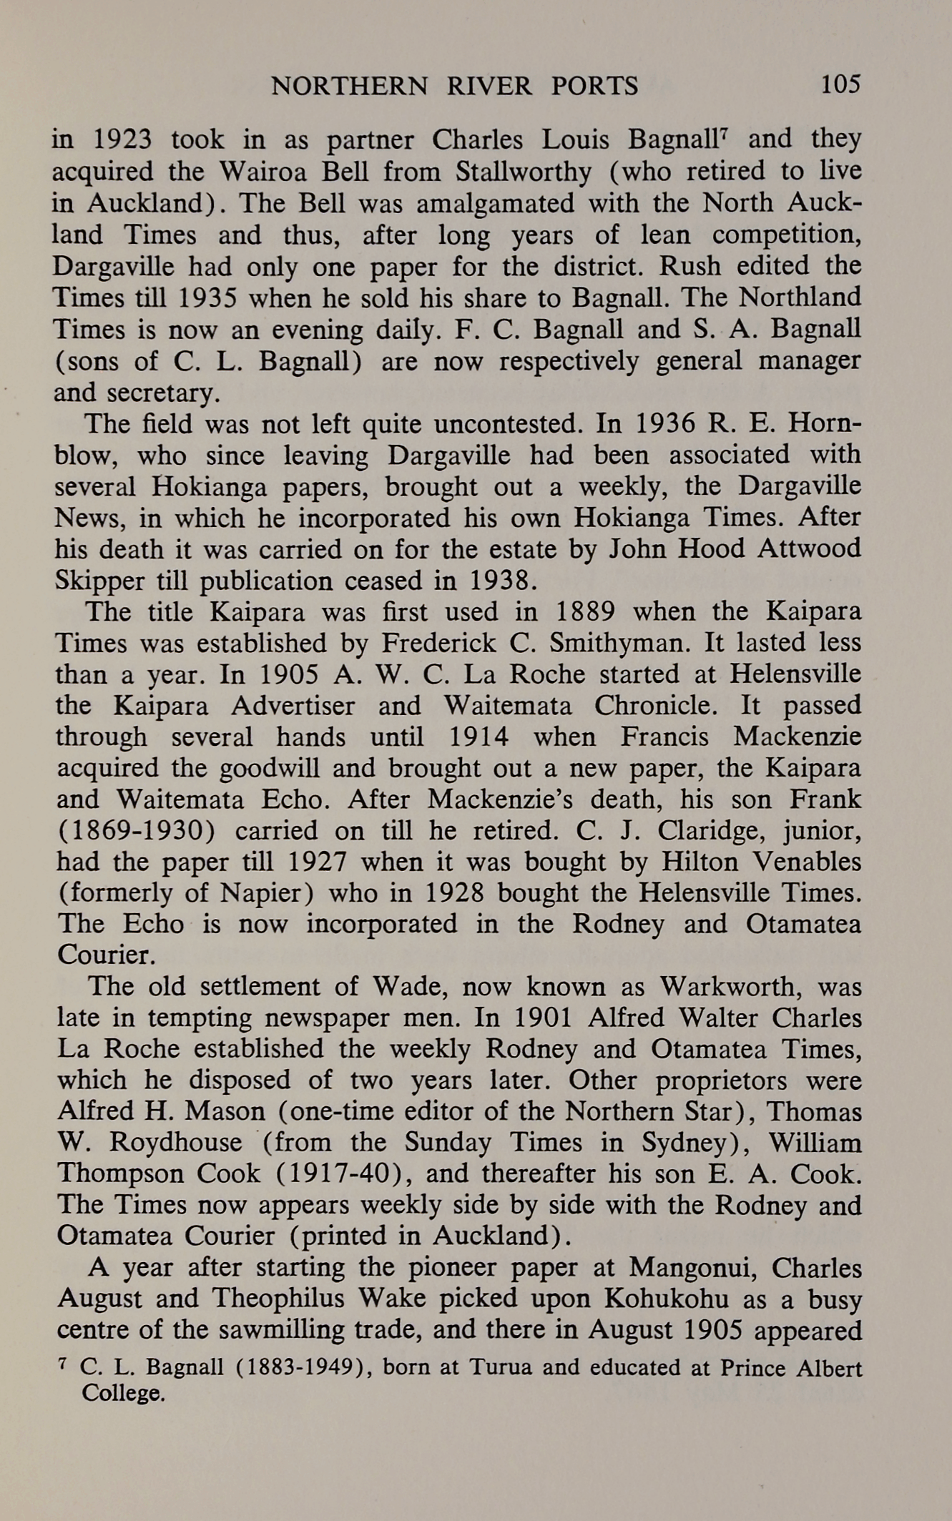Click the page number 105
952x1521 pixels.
[x=840, y=85]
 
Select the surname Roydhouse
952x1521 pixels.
[x=175, y=1142]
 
